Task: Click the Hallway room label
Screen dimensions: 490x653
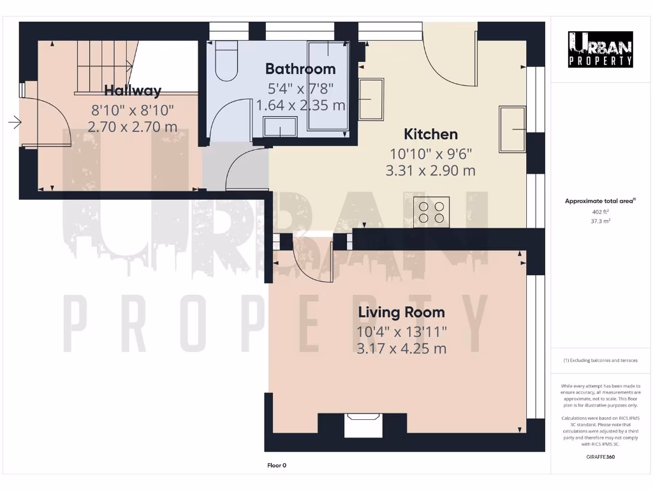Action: (x=133, y=90)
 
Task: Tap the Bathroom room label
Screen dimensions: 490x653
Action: (x=300, y=69)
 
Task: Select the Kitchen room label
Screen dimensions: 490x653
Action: (x=430, y=134)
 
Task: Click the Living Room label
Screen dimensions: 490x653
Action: (x=401, y=312)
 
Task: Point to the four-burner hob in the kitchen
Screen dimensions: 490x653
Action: (x=431, y=212)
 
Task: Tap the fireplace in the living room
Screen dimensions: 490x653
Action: (x=362, y=426)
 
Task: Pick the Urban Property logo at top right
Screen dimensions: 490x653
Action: (x=601, y=49)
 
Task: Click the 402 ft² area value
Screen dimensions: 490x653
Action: (x=601, y=212)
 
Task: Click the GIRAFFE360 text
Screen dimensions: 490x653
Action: (x=601, y=457)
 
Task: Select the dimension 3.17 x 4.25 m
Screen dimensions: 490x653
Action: (x=402, y=348)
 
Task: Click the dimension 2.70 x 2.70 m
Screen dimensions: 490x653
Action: (x=132, y=127)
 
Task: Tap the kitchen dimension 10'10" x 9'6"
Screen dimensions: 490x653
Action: (x=430, y=154)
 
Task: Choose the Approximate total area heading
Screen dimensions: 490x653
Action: (x=600, y=201)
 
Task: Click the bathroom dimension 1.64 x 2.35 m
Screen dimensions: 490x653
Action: (x=301, y=105)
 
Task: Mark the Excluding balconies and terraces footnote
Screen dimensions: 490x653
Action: (x=600, y=360)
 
